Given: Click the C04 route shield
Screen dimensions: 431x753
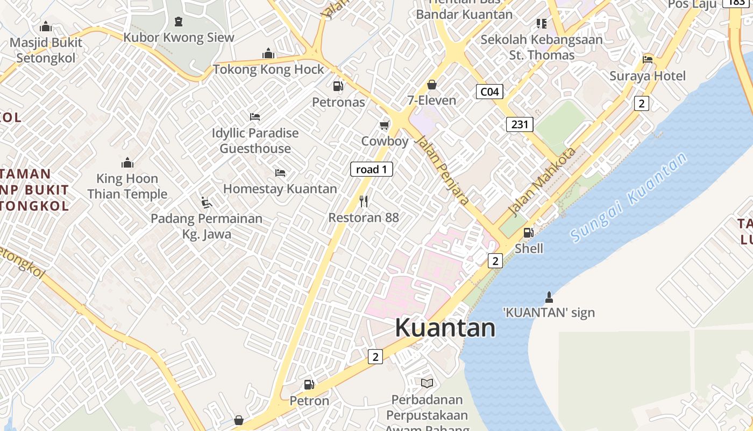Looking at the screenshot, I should (x=489, y=92).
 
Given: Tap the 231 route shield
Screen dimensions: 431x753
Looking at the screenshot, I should (x=520, y=124).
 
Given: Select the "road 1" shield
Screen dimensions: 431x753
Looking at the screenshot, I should (x=372, y=169).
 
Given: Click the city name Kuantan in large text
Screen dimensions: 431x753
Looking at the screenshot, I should (x=445, y=328).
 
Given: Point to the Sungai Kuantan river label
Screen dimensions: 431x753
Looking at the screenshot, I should (x=629, y=197).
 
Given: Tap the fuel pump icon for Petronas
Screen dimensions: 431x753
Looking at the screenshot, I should (x=338, y=86).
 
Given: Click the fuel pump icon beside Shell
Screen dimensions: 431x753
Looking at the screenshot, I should (x=529, y=233).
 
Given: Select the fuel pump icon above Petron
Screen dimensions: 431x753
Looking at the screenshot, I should (x=309, y=385).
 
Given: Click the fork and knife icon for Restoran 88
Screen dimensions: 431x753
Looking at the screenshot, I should (x=364, y=201).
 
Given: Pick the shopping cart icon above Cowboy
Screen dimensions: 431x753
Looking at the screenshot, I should (x=384, y=126).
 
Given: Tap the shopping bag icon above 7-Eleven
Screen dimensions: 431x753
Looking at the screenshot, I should (x=431, y=85).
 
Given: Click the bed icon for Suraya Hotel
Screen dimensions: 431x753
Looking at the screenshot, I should (x=648, y=60).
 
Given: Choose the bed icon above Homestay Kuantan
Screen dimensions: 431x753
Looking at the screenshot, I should (x=280, y=173).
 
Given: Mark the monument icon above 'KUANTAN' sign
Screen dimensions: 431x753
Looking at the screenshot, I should (x=549, y=297).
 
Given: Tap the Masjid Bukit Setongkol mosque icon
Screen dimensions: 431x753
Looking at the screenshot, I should (x=46, y=26).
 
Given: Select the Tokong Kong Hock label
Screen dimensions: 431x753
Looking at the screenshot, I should (x=268, y=69).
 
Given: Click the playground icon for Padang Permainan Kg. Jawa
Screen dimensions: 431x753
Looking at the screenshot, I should (x=206, y=203).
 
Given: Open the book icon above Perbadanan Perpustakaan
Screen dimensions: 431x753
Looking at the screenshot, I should (x=427, y=383).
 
